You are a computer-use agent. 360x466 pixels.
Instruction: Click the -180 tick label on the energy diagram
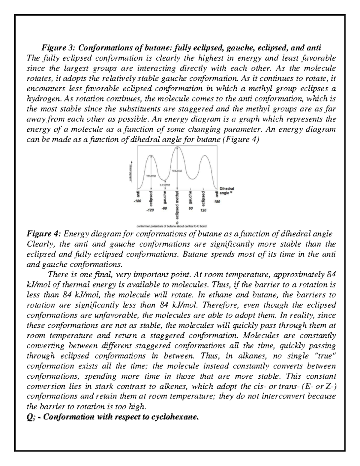pos(137,202)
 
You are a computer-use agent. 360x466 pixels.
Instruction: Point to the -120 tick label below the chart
pos(150,210)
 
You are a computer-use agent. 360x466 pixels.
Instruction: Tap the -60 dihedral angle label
pos(164,208)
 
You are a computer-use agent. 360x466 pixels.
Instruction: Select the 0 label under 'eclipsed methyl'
pos(178,223)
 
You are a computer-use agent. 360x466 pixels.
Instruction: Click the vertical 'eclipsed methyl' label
pos(178,206)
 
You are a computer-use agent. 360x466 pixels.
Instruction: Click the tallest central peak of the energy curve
pos(178,147)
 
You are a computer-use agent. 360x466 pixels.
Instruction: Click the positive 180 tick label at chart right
pos(217,202)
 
